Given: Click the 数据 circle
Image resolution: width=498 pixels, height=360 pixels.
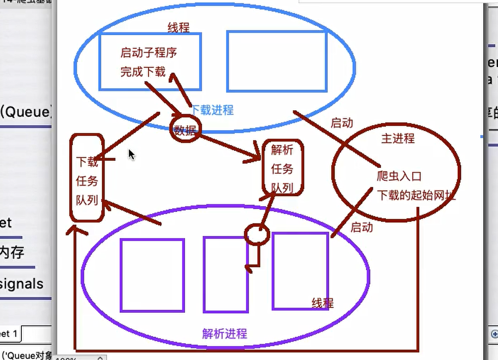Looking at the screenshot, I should [x=185, y=129].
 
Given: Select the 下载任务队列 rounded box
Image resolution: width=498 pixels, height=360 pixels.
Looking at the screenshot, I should [x=87, y=178].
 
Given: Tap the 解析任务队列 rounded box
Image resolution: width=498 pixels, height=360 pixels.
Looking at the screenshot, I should [x=282, y=168].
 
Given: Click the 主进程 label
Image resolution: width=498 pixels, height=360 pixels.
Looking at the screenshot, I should [x=398, y=138].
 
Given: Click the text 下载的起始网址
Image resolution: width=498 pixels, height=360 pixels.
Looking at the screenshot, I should [x=416, y=195].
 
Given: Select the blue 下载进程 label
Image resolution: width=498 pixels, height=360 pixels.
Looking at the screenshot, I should [x=212, y=110].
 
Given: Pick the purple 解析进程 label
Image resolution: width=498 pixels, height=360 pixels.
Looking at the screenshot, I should [x=224, y=333].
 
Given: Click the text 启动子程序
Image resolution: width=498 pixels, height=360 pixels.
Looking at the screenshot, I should [x=148, y=52].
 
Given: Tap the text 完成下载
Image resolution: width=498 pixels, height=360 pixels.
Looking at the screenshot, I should [x=142, y=71].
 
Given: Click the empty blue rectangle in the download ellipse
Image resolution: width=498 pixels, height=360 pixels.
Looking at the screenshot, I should [x=277, y=61].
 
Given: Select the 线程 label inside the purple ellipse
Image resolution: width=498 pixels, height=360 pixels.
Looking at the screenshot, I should [x=322, y=303].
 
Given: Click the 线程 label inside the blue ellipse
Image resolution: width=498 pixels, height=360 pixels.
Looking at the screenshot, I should [x=178, y=27].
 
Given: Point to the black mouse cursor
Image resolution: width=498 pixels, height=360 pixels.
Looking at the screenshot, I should [x=131, y=154].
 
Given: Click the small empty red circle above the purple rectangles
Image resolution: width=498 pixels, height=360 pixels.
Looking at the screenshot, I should [x=257, y=234].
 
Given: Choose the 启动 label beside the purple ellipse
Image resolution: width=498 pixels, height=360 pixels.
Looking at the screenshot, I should [x=361, y=227].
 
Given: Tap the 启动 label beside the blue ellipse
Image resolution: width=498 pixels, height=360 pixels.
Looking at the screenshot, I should [x=341, y=123].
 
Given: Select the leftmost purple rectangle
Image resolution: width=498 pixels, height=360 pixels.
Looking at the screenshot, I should [x=152, y=275].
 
